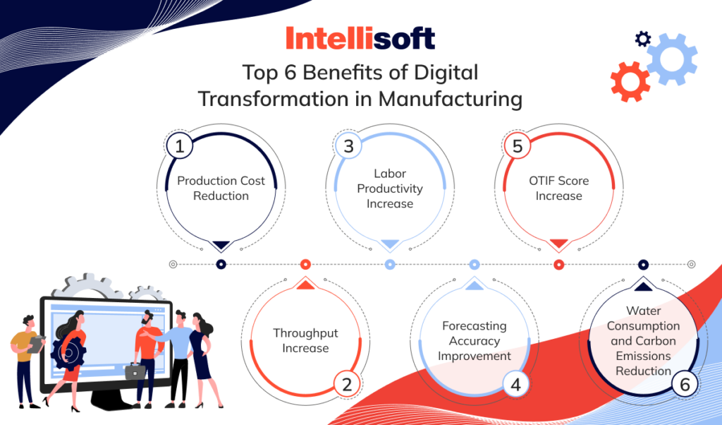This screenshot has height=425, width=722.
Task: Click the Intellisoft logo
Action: [360, 38]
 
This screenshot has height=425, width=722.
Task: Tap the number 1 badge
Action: [180, 146]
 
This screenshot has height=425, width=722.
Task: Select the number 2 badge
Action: [346, 384]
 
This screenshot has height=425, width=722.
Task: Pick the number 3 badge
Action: [348, 146]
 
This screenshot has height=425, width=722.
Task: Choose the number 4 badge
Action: [515, 384]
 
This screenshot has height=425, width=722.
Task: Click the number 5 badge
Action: [518, 146]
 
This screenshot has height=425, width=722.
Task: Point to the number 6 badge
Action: [685, 384]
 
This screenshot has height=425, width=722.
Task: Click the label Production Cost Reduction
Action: [221, 188]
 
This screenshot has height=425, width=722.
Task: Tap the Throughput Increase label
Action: [305, 340]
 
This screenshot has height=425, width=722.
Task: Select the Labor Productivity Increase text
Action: [390, 188]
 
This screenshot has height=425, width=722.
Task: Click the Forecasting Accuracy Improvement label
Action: [475, 340]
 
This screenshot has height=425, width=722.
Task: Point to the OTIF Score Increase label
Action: [559, 188]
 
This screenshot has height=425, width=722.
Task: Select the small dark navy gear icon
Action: [642, 38]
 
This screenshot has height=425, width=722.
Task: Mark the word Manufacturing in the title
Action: [450, 98]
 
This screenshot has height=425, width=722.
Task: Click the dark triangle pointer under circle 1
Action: [221, 246]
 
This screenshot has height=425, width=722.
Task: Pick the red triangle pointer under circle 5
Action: [559, 244]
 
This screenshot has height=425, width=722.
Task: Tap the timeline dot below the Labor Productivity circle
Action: [390, 265]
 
